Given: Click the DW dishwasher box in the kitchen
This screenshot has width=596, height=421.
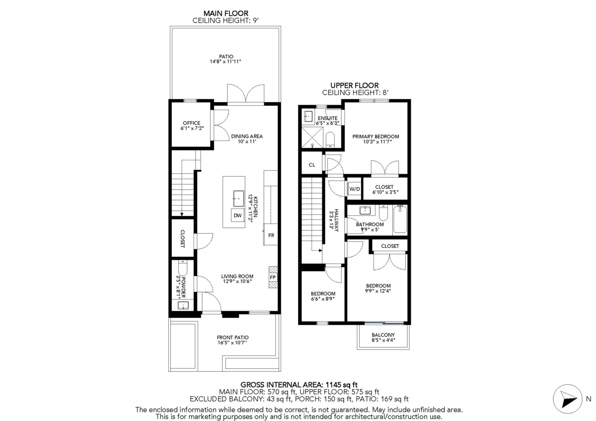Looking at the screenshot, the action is click(x=237, y=215).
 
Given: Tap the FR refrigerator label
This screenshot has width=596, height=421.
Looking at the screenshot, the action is click(x=271, y=235).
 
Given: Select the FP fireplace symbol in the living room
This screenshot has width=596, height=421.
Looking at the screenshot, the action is click(x=273, y=277).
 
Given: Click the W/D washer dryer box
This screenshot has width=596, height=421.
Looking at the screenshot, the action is click(x=355, y=189).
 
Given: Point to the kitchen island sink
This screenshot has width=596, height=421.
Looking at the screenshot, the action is click(x=239, y=199).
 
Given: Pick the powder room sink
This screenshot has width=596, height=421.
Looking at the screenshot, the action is click(x=183, y=306).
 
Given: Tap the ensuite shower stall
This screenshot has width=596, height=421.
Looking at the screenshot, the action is click(x=312, y=137).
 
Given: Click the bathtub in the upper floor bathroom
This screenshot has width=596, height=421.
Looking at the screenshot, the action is click(x=400, y=219).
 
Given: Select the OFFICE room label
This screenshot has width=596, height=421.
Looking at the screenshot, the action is click(x=192, y=123).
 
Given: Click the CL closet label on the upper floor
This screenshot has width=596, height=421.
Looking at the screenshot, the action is click(x=312, y=165).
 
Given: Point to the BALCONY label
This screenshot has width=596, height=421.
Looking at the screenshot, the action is click(x=383, y=335).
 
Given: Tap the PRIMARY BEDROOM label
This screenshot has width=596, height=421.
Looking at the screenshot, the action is click(x=375, y=137).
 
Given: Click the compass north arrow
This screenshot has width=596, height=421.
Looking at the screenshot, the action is click(x=569, y=399).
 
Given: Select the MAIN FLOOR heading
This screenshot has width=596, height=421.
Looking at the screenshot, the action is click(x=226, y=13).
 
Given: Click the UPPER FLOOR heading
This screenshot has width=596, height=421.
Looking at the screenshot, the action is click(x=355, y=85).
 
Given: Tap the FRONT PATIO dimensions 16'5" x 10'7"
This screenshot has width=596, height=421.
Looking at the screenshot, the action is click(x=232, y=343).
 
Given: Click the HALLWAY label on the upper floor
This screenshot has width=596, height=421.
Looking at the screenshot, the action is click(x=337, y=220).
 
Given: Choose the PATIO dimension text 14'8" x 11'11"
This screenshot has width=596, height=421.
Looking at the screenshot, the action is click(x=225, y=62).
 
